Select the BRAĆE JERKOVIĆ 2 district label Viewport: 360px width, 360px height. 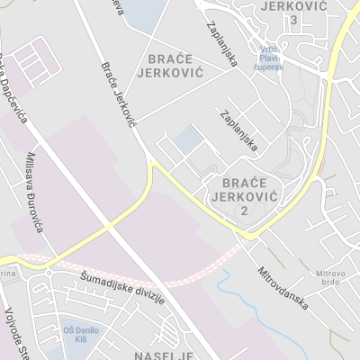(x=244, y=195)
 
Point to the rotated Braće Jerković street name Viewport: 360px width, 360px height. (x=118, y=94)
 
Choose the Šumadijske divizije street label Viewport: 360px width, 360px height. (x=122, y=286)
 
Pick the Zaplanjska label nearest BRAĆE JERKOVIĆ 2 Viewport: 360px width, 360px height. (x=238, y=130)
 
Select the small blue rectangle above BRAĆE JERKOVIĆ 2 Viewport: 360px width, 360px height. (x=188, y=140)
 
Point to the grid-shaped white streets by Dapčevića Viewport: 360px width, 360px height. (x=35, y=59)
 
